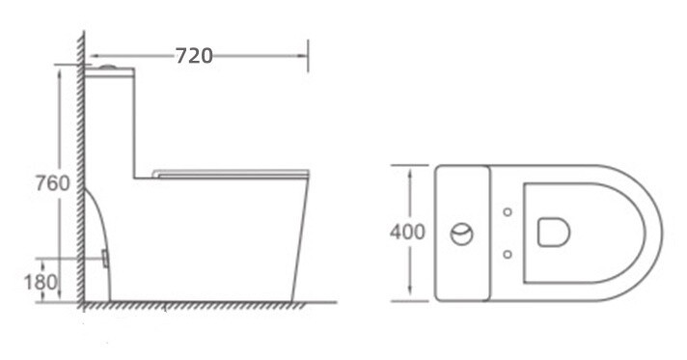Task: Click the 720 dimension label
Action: [x=194, y=56]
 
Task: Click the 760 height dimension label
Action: [x=52, y=183]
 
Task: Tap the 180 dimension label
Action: [x=41, y=282]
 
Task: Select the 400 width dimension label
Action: [x=407, y=232]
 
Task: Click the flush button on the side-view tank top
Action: [x=108, y=68]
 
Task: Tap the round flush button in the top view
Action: [x=462, y=234]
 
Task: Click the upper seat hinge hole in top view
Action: [x=508, y=212]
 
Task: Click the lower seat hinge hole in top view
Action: [x=508, y=255]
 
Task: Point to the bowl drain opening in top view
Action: [x=554, y=232]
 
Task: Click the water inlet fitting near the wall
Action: [x=105, y=258]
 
